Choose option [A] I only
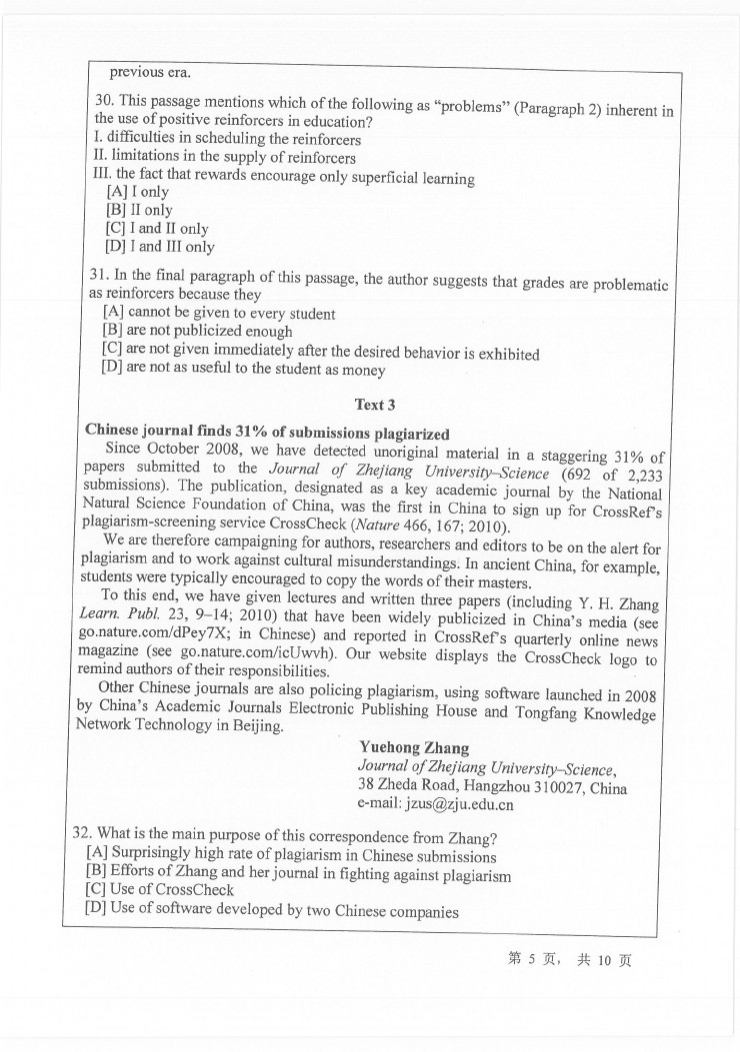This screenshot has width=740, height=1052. click(x=137, y=192)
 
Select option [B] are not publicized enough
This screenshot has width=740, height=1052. click(x=197, y=332)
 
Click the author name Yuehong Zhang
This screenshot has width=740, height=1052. click(x=413, y=748)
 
